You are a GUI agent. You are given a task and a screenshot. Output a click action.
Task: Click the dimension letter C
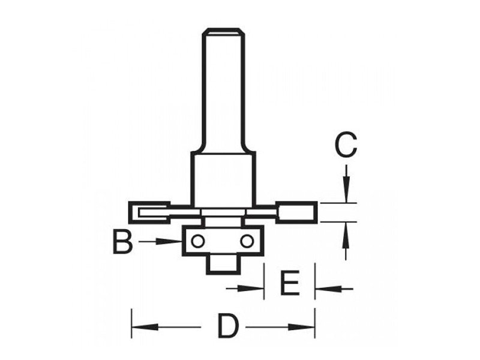pyautogui.click(x=345, y=145)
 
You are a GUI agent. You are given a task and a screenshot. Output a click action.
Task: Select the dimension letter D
pyautogui.click(x=227, y=327)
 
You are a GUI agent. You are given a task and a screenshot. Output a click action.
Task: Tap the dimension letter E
pyautogui.click(x=290, y=284)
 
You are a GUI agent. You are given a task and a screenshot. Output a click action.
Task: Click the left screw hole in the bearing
pyautogui.click(x=197, y=241)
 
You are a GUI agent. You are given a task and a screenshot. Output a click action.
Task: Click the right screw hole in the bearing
pyautogui.click(x=246, y=241)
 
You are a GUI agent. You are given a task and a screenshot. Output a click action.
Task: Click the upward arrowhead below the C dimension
pyautogui.click(x=346, y=231)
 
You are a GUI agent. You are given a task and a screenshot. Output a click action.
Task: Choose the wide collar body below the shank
pyautogui.click(x=223, y=177)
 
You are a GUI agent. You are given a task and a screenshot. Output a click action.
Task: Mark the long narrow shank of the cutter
pyautogui.click(x=224, y=90)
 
